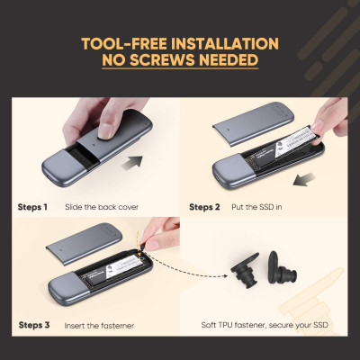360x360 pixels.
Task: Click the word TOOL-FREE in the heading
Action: click(124, 44)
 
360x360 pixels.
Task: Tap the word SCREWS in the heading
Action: click(162, 60)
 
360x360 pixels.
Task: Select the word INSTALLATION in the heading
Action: click(225, 44)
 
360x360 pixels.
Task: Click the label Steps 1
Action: click(32, 207)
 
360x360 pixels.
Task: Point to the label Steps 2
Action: click(204, 207)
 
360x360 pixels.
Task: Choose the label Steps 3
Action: click(34, 325)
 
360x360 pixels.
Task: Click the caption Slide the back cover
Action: click(102, 207)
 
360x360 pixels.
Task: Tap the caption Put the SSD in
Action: click(256, 207)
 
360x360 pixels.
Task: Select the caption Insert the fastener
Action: click(99, 326)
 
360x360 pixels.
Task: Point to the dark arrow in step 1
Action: click(132, 163)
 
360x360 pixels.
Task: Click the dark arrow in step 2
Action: click(304, 179)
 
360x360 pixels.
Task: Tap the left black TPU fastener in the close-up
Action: click(245, 272)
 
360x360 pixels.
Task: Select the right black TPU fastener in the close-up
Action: click(282, 268)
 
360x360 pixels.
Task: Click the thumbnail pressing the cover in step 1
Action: click(105, 131)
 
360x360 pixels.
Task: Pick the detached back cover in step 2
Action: click(253, 123)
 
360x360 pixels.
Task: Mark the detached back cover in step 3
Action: click(84, 244)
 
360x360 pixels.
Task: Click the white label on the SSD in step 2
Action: click(296, 141)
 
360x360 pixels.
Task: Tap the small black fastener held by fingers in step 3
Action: click(141, 247)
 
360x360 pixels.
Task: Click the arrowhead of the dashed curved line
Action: click(225, 275)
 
